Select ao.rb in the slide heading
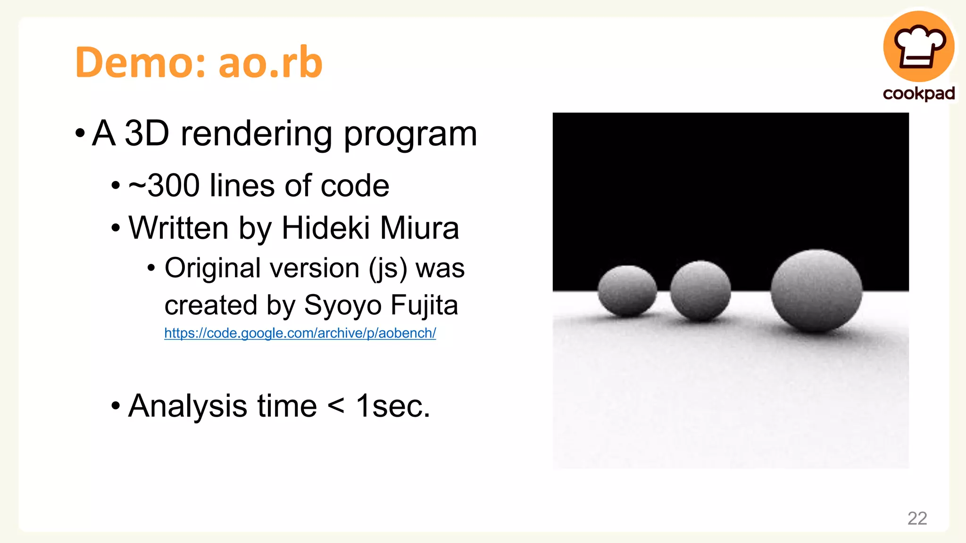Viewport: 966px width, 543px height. pos(271,62)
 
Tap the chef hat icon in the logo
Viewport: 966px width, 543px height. pos(919,47)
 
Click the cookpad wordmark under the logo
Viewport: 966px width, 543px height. pos(919,93)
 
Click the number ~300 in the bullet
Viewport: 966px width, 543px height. pos(165,186)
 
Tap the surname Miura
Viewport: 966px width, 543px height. pos(419,229)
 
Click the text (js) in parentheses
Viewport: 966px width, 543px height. pos(388,269)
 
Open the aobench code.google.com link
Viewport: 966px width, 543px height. pos(300,333)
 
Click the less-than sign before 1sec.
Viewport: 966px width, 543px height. pos(336,406)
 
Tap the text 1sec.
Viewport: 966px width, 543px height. pos(392,406)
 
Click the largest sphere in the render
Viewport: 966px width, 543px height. pos(816,290)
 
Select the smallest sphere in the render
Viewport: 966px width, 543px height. pos(627,290)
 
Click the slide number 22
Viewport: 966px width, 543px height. pos(917,518)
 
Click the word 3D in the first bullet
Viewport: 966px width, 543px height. pos(147,134)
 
